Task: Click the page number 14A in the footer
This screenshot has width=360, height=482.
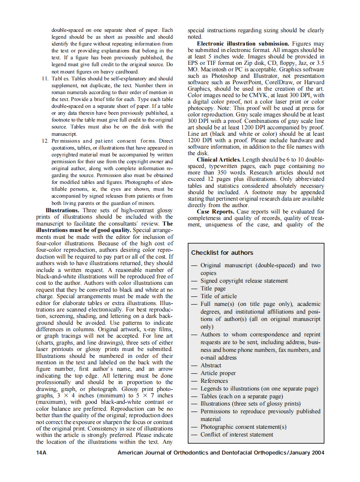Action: pos(41,452)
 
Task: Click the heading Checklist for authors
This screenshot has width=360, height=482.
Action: pos(222,253)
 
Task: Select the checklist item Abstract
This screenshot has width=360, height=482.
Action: pos(211,366)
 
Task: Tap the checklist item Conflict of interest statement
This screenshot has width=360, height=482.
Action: pos(237,435)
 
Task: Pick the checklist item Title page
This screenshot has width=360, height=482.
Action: pos(213,289)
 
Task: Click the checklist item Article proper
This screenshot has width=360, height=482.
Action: pos(218,373)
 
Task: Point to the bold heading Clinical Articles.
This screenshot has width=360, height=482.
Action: pos(219,160)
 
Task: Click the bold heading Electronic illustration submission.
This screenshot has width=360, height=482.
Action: pos(243,44)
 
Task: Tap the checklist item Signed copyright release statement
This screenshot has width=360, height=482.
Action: pos(244,281)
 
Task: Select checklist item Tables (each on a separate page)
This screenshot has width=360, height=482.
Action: pos(241,397)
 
